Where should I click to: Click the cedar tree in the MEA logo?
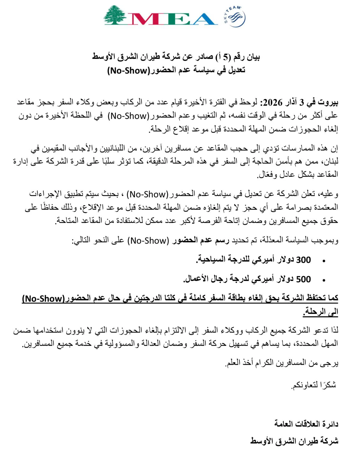click(116, 15)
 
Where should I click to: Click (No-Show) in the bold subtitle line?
click(129, 70)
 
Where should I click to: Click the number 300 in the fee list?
click(303, 260)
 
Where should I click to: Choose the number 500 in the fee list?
click(303, 279)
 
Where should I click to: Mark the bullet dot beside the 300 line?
click(324, 261)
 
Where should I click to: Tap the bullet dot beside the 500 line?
click(324, 281)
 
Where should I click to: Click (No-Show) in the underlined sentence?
click(43, 298)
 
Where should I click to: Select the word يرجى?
click(331, 363)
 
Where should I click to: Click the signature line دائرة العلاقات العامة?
click(306, 424)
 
